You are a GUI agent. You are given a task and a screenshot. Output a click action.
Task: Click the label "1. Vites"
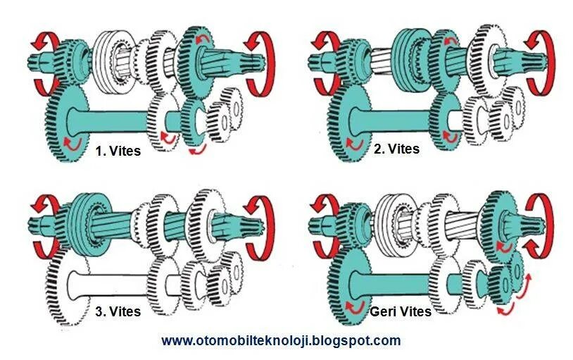coord(118,151)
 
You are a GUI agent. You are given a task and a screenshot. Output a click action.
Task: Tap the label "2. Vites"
coord(396,149)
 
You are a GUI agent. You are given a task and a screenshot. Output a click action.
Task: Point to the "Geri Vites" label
coord(400,311)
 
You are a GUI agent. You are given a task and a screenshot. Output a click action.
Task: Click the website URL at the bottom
coord(281,341)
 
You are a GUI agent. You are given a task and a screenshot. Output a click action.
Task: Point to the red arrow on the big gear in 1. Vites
coord(70,144)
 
